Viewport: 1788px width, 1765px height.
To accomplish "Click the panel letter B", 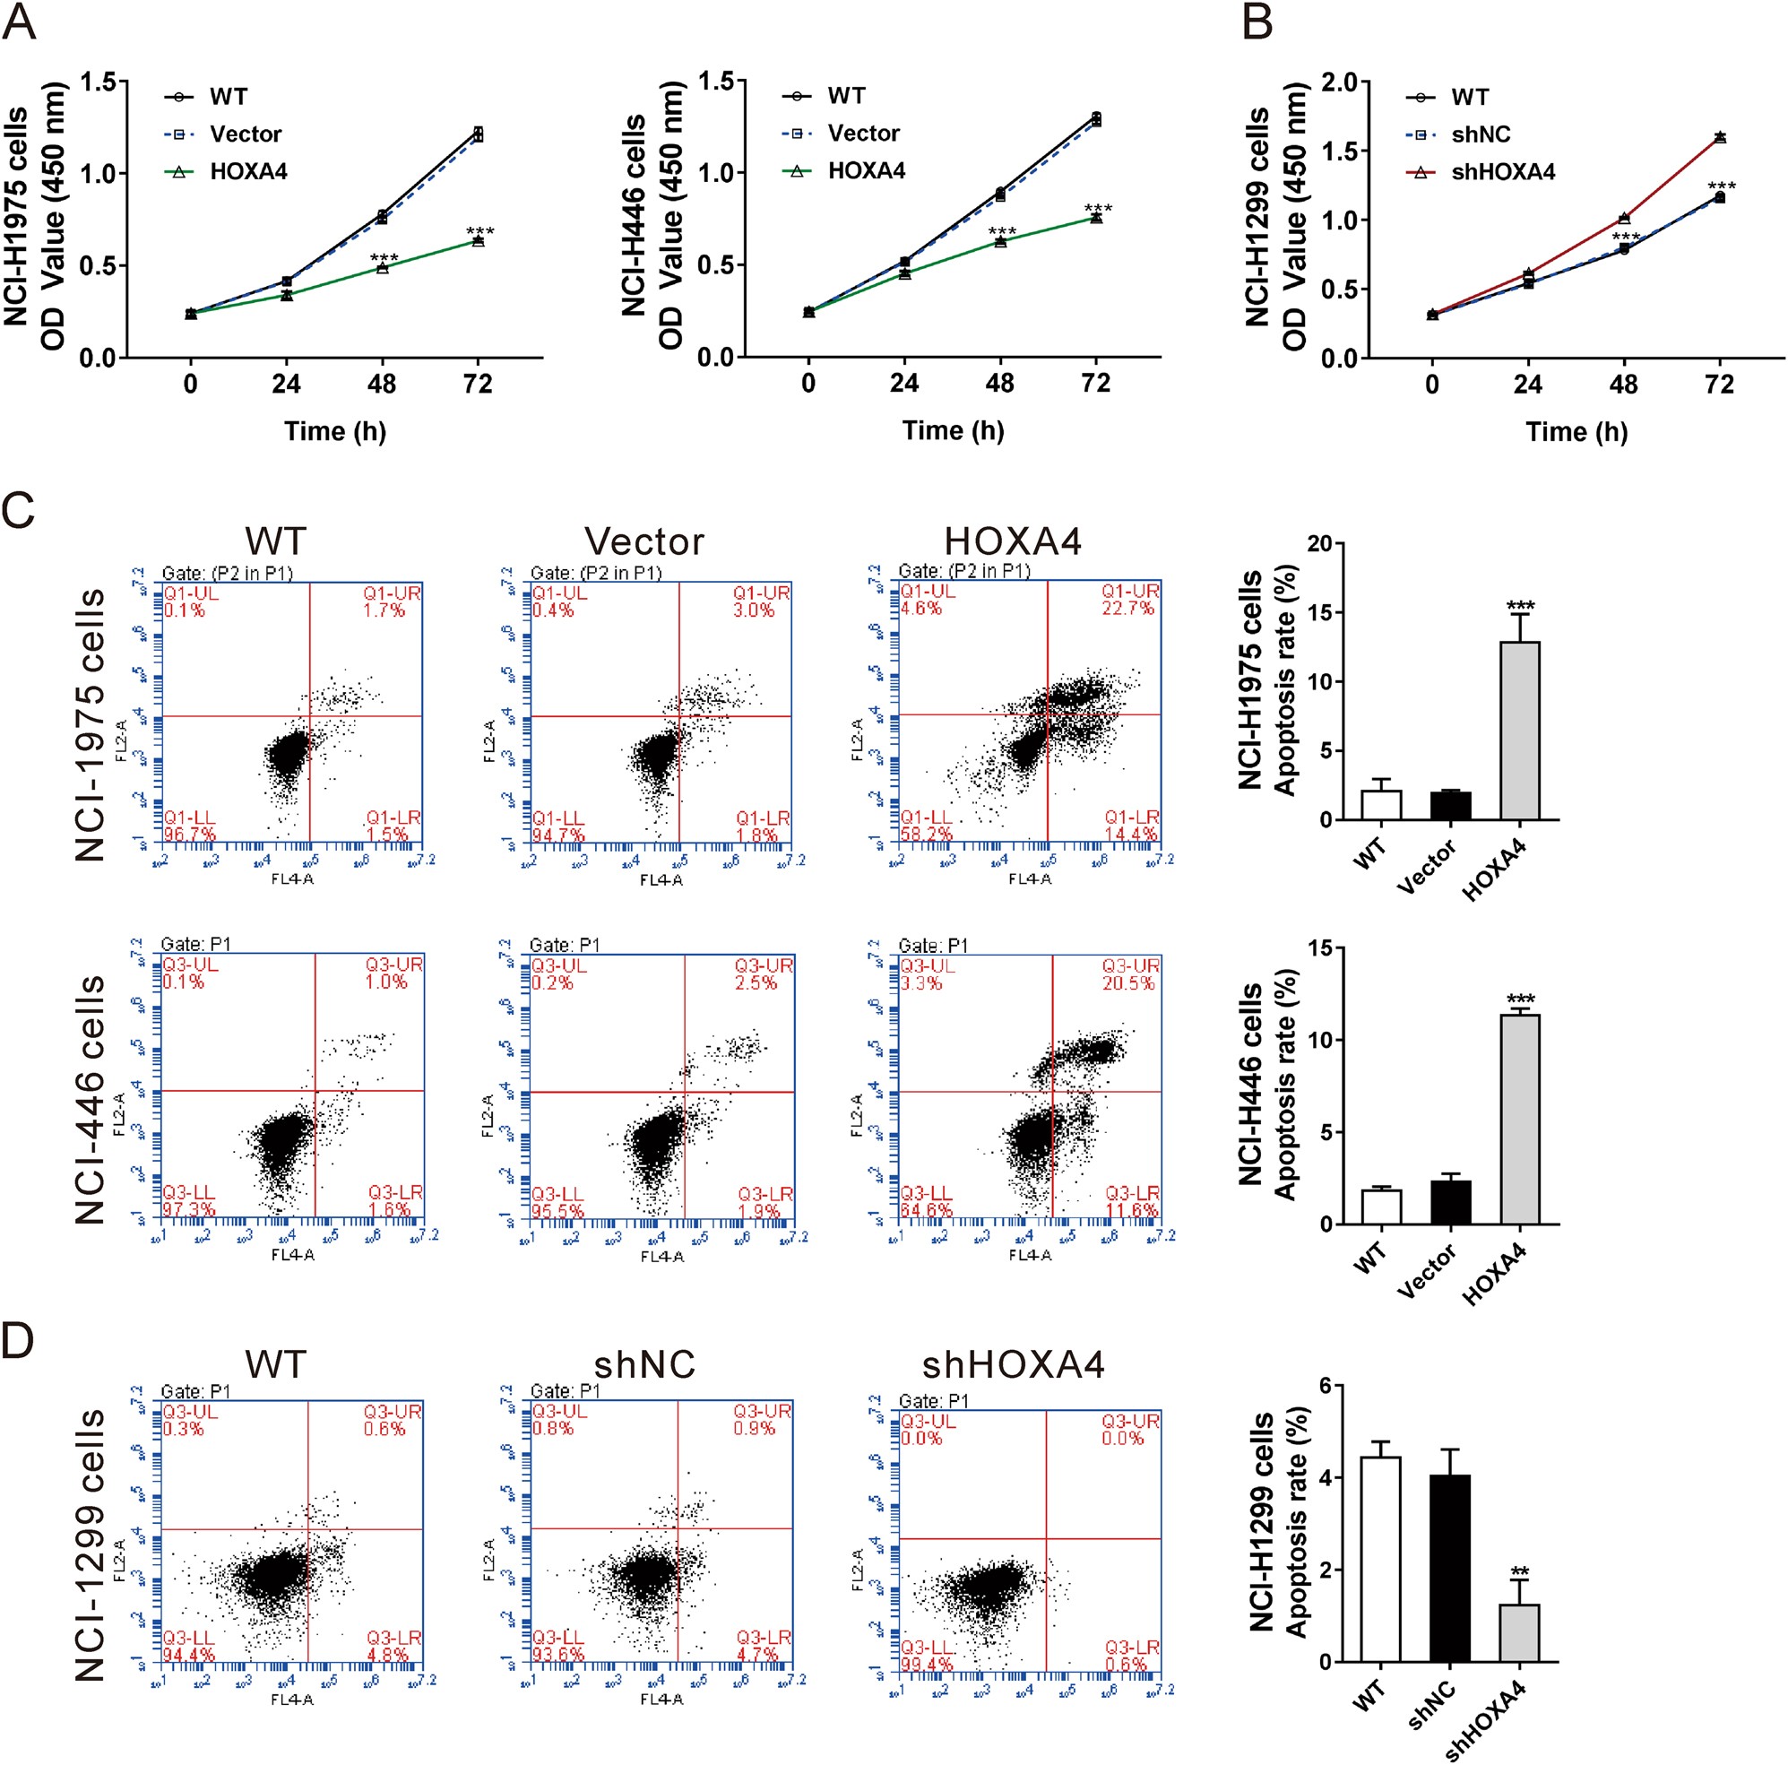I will tap(1257, 22).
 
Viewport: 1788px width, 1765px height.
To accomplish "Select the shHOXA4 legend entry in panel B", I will tap(1502, 172).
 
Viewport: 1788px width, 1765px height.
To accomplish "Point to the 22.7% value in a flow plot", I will tap(1127, 608).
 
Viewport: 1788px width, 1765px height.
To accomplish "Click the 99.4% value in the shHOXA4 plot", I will tap(921, 1665).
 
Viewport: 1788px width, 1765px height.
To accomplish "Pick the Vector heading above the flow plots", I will tap(644, 542).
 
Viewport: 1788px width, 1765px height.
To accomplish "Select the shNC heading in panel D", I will tap(644, 1365).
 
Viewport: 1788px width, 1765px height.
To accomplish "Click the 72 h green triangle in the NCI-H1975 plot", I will tap(478, 240).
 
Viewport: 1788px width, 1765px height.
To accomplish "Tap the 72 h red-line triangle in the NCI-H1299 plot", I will tap(1720, 137).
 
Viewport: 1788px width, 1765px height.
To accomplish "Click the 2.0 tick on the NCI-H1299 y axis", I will tap(1328, 83).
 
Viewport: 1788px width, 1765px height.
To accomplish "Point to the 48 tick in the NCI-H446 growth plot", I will tap(999, 384).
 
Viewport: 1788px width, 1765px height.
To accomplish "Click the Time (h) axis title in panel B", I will tap(1576, 432).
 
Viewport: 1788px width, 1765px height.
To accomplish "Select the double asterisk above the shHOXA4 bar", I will tap(1519, 1571).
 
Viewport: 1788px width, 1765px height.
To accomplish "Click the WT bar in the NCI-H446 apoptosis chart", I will tap(1381, 1207).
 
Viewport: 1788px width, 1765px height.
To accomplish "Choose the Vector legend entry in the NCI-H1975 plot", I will tap(246, 134).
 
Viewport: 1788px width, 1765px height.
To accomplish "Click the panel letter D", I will tap(19, 1341).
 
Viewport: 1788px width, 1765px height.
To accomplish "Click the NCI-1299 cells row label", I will tap(90, 1544).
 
